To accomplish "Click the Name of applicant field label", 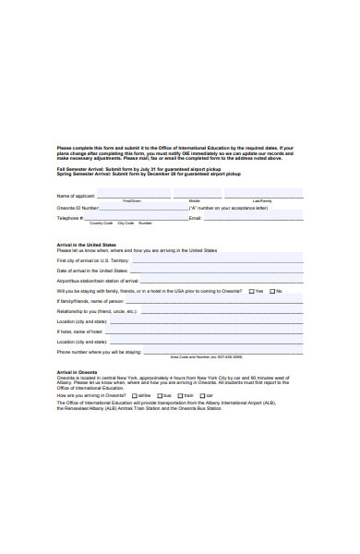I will coord(77,196).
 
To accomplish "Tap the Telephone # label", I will coord(70,219).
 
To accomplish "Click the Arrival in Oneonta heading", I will coord(77,372).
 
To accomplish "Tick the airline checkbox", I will coord(134,395).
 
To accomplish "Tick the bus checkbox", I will coord(159,395).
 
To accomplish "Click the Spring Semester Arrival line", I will coord(148,175).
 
